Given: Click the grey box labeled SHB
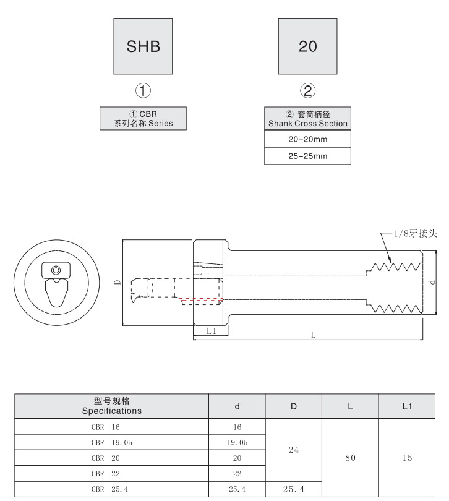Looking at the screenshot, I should [143, 47].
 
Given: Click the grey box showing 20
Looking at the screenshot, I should [307, 47].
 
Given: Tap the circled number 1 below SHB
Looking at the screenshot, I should [143, 90].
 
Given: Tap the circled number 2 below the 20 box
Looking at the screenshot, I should [307, 90].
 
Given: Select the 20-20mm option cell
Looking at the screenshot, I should [307, 140].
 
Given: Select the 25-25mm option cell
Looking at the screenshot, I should [307, 156].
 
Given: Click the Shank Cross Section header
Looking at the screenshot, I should [307, 119].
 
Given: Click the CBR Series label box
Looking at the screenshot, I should [143, 118].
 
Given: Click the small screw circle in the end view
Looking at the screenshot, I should [56, 270].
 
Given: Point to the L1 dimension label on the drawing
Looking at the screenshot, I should [210, 331].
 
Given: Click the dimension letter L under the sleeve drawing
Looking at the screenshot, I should [314, 335].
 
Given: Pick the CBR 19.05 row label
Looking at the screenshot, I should [112, 442].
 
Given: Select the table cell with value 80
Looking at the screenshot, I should [350, 458].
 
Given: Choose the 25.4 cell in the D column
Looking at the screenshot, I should [294, 489].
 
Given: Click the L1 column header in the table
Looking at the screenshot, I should [406, 406].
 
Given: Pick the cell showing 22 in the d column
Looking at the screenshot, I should [237, 473].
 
